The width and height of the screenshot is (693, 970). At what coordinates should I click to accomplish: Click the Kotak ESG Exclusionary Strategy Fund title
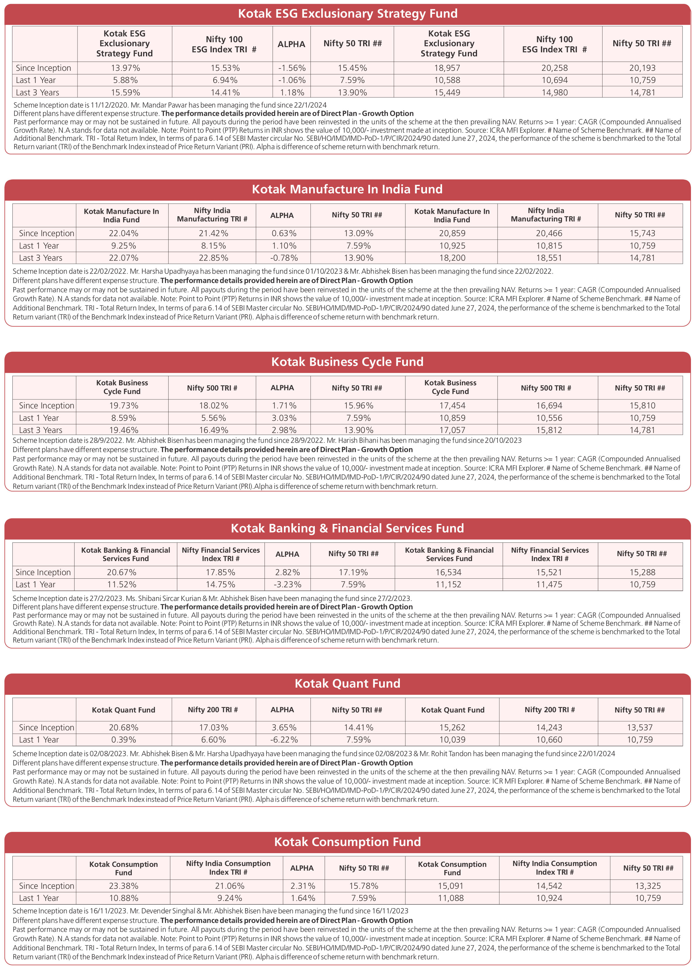[347, 14]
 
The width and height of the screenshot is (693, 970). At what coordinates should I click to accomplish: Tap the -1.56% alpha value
[291, 68]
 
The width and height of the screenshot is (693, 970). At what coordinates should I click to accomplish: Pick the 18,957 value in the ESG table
[447, 68]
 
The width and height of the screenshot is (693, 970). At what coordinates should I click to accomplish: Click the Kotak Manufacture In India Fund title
[347, 189]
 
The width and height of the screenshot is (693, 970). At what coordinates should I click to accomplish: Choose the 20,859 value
[452, 233]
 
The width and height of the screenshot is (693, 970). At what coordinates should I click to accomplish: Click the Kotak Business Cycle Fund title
[347, 362]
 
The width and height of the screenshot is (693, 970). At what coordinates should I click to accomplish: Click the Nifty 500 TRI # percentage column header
[212, 388]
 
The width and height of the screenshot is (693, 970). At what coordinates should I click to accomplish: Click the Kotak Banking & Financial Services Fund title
[347, 528]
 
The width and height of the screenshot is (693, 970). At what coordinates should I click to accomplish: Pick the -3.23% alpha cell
[287, 584]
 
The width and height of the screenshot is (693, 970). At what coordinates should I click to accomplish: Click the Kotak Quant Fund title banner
[347, 683]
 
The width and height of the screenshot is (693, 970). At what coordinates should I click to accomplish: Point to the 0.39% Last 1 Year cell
[124, 740]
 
